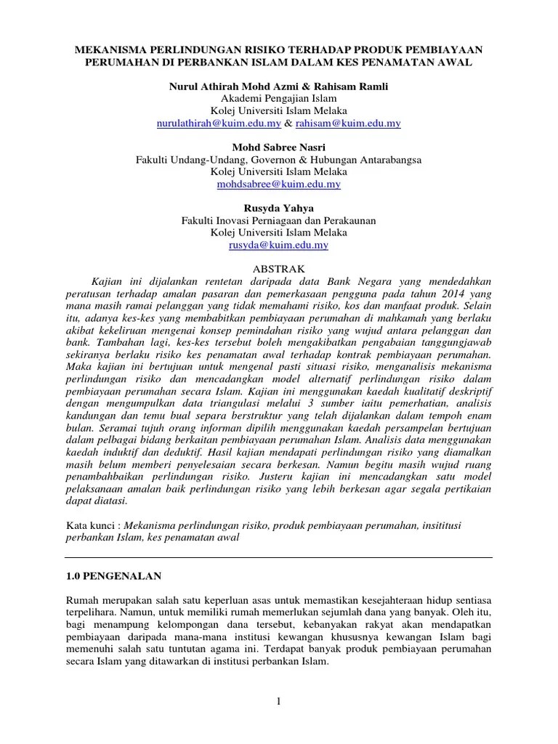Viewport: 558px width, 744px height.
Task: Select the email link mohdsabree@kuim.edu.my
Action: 278,185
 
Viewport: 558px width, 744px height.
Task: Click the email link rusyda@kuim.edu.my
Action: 278,246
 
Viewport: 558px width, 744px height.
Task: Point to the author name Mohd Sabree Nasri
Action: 278,147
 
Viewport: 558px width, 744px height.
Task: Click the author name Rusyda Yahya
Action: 278,209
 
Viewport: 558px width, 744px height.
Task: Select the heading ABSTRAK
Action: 278,269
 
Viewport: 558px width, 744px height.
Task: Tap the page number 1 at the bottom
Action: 278,700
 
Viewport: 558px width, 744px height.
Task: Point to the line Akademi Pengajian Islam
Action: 278,99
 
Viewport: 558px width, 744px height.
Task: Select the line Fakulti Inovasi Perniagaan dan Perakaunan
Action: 278,221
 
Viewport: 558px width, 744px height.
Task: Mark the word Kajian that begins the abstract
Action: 106,281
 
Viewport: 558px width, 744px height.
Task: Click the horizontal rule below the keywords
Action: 278,557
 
